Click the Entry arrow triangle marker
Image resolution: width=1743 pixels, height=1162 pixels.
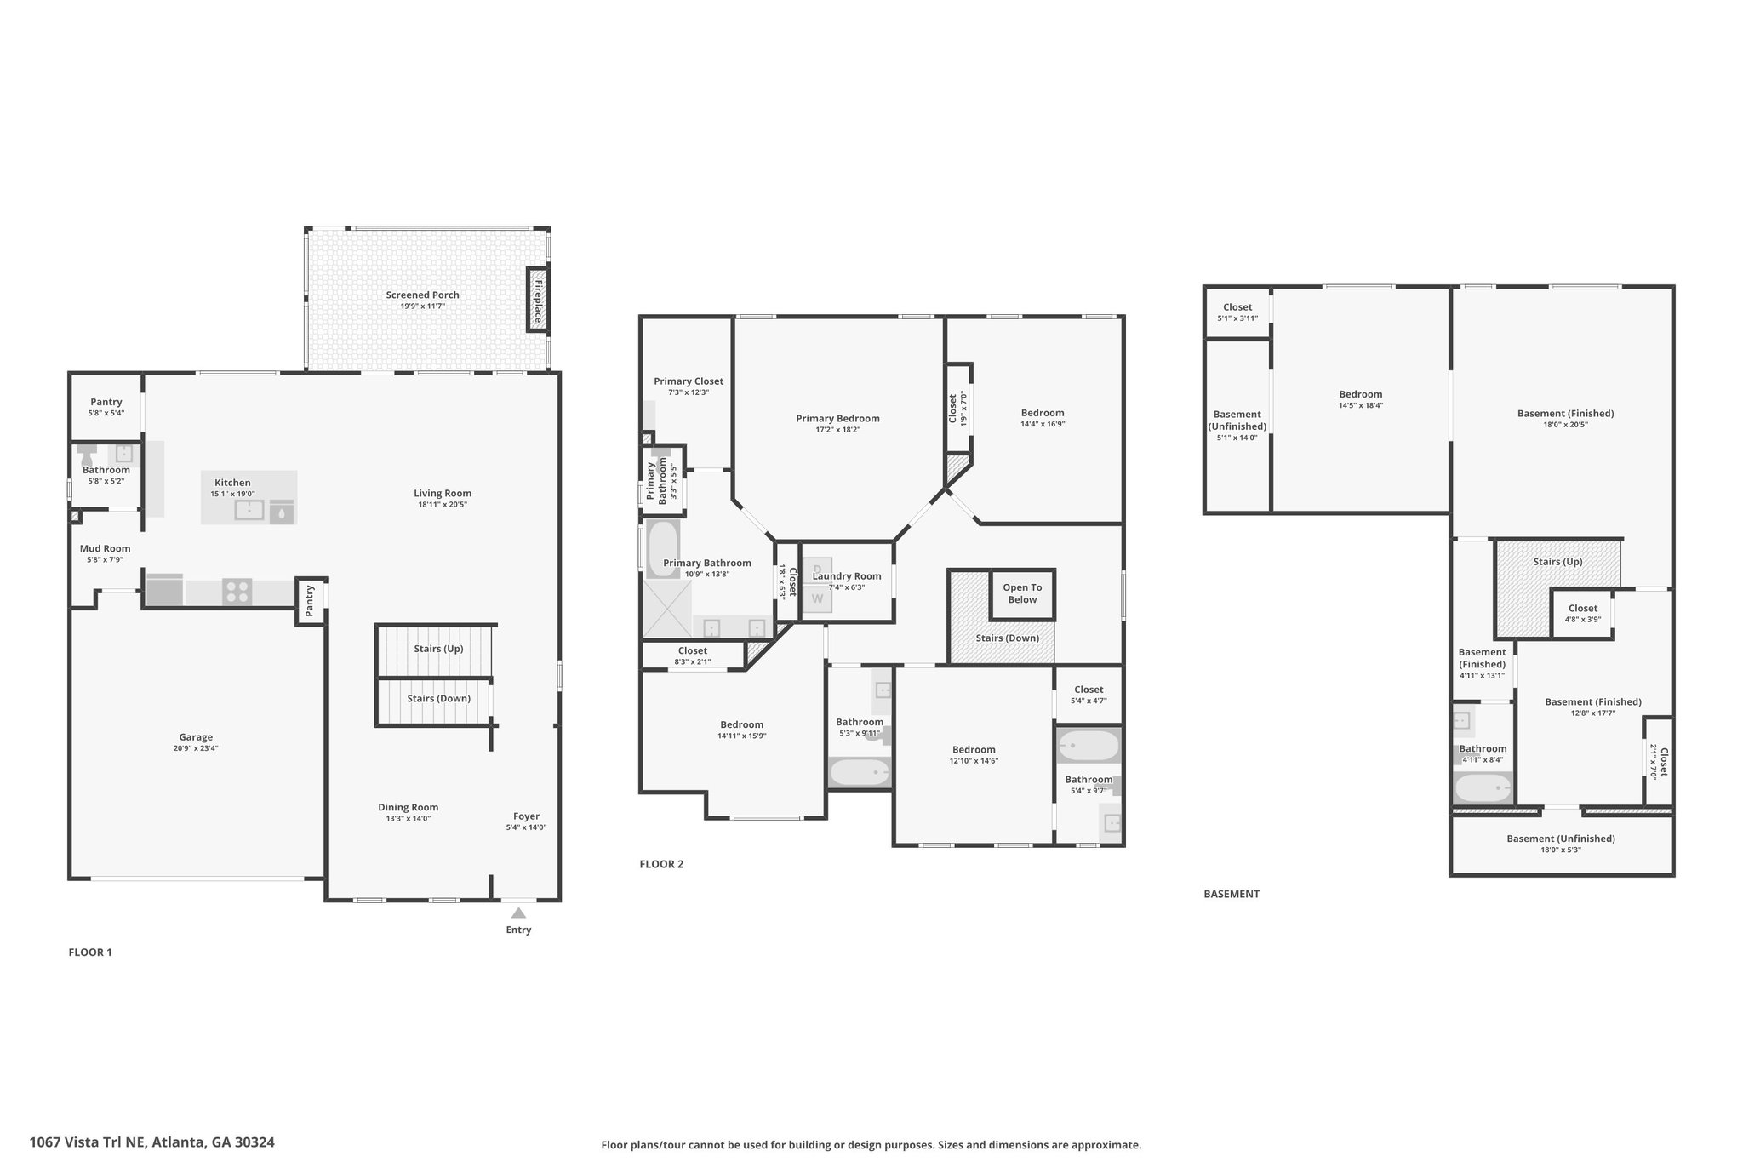(518, 913)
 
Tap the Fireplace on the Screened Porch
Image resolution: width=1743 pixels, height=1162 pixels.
(537, 299)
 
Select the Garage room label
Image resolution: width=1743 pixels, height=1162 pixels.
(196, 737)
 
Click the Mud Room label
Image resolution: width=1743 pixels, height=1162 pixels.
(105, 548)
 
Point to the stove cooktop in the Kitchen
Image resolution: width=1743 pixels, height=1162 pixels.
(237, 591)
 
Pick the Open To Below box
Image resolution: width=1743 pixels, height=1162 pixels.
(1022, 593)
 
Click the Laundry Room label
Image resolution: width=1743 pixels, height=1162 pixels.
(847, 576)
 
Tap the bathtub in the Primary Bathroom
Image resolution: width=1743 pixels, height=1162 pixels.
(663, 549)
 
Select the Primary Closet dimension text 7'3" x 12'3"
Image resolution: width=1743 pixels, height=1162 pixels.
(688, 392)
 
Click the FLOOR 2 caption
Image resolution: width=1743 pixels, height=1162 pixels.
(661, 864)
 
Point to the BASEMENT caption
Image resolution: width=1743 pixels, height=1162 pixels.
(1232, 894)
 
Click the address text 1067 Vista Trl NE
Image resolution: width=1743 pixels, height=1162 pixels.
(89, 1142)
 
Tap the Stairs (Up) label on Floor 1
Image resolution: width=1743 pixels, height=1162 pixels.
(438, 649)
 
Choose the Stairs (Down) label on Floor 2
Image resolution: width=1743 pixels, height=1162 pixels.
(1007, 638)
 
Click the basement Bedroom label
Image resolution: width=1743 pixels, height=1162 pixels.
(1360, 394)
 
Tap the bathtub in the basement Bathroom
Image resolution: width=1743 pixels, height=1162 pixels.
(1483, 787)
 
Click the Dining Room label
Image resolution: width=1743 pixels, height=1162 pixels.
(409, 807)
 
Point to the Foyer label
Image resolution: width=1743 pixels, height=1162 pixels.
(526, 816)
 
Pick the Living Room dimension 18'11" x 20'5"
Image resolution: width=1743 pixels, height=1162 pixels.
(443, 504)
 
